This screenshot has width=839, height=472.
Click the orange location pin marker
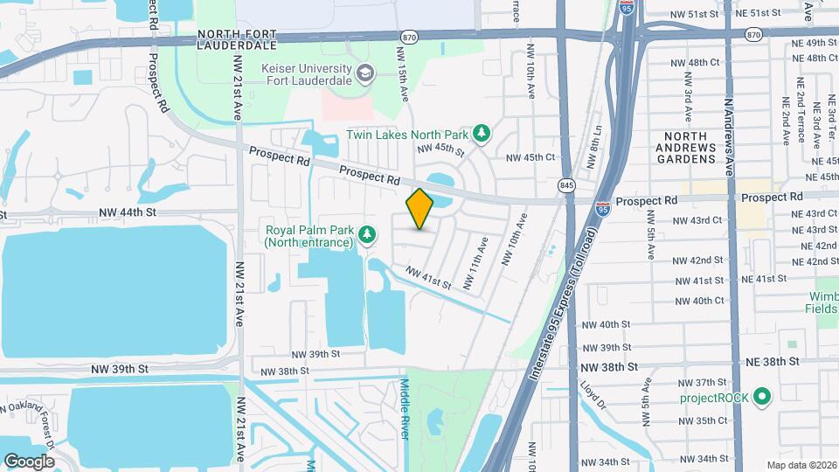(419, 209)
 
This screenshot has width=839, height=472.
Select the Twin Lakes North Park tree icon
(480, 134)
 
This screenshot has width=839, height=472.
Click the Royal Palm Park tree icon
(368, 233)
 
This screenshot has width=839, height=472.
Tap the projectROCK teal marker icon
(761, 398)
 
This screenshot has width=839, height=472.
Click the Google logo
(29, 461)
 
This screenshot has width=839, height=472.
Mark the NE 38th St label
(773, 360)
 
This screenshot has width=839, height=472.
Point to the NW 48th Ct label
(697, 62)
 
